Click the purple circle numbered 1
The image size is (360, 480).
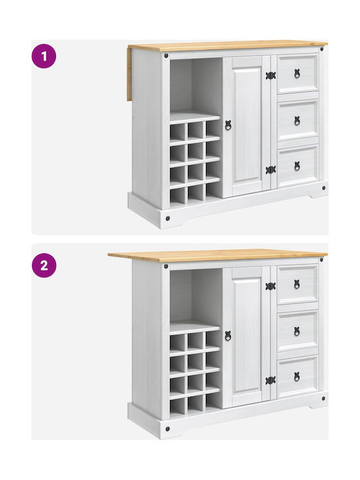[x=44, y=56]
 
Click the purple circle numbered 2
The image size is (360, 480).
[x=44, y=265]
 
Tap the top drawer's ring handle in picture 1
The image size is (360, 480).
[x=297, y=73]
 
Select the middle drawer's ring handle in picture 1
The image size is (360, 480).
[x=297, y=121]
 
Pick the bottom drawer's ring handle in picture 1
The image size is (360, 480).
[x=297, y=166]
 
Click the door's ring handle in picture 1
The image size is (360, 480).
[x=228, y=125]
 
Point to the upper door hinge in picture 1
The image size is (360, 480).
[x=271, y=75]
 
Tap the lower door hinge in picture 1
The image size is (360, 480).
[x=271, y=170]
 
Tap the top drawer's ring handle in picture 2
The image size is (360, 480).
[x=297, y=284]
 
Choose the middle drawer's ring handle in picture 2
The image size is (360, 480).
[x=297, y=331]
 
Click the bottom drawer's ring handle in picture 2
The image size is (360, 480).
[x=297, y=377]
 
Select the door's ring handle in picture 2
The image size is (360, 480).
[x=228, y=335]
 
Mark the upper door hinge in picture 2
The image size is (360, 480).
[x=271, y=286]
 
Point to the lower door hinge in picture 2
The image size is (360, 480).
[x=271, y=380]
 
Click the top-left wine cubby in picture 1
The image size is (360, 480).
[x=177, y=132]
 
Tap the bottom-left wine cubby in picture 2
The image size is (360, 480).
[x=177, y=407]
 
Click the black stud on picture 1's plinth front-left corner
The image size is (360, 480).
[x=167, y=218]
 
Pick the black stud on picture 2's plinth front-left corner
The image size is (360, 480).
[x=167, y=429]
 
